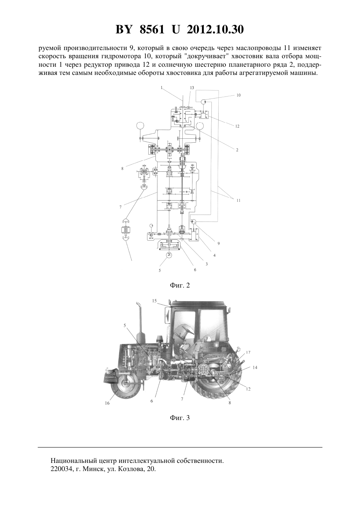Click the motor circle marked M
169,255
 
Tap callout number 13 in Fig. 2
192,88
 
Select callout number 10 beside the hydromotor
238,95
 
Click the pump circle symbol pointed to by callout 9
194,221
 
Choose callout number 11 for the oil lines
238,201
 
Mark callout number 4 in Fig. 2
215,255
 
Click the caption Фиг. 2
180,286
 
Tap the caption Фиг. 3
180,418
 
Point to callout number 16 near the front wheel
107,403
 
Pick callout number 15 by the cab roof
154,301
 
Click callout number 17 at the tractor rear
248,352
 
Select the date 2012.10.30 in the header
215,29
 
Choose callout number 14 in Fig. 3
255,367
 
